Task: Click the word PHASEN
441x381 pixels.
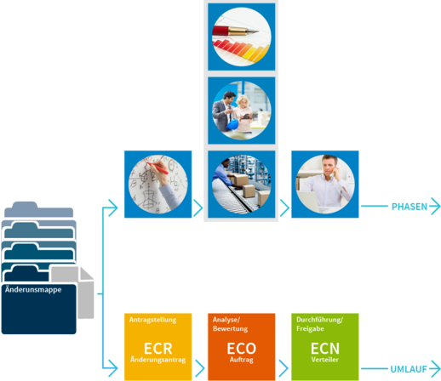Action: pos(409,207)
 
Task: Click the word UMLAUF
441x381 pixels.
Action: pos(409,369)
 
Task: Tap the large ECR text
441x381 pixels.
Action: pos(158,349)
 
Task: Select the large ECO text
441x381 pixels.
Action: pos(242,349)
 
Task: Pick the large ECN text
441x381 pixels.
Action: pos(325,349)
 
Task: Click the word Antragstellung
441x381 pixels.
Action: pos(152,320)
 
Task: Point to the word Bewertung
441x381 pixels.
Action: pos(230,329)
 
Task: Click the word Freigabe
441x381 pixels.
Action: pos(310,329)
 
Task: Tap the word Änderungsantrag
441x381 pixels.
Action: pos(158,360)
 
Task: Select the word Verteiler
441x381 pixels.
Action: pos(325,360)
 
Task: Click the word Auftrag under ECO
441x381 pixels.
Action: pos(242,360)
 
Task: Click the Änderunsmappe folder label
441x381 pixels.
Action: pos(33,290)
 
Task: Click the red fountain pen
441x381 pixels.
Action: pos(236,31)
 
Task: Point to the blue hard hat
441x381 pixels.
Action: pos(232,125)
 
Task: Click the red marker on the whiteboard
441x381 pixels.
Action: pos(157,168)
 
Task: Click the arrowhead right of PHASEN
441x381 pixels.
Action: pos(435,206)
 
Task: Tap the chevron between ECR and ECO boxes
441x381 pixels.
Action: pos(200,368)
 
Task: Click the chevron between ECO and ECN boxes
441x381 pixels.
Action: pos(283,368)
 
